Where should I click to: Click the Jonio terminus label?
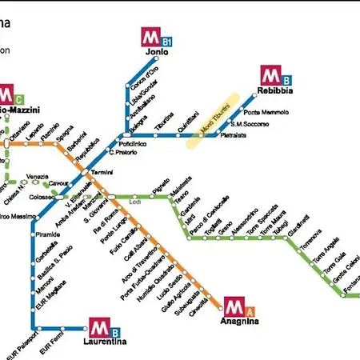[x=158, y=52]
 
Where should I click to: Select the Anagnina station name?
[x=240, y=321]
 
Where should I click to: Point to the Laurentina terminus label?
[x=105, y=342]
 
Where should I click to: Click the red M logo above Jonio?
[x=152, y=37]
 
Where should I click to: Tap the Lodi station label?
[x=134, y=202]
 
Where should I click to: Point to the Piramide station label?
[x=48, y=235]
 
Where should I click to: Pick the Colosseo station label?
[x=42, y=196]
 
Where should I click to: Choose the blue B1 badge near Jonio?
[x=168, y=40]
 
